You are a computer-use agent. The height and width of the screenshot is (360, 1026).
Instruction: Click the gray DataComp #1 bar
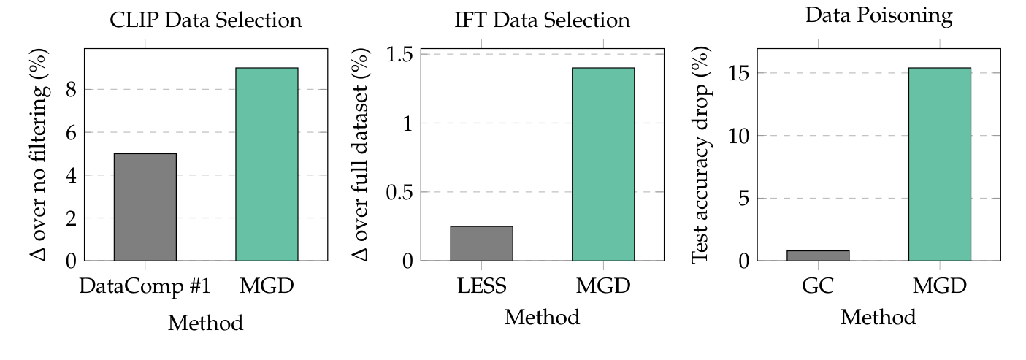pyautogui.click(x=145, y=207)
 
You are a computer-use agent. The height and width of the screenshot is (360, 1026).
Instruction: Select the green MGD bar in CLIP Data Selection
pyautogui.click(x=267, y=164)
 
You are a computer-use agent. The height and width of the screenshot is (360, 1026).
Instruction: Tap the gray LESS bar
pyautogui.click(x=481, y=243)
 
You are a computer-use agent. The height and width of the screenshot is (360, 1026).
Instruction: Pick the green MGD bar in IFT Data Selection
pyautogui.click(x=603, y=164)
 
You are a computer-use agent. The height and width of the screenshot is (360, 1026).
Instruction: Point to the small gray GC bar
pyautogui.click(x=818, y=255)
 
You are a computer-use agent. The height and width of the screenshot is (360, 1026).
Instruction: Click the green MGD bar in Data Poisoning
pyautogui.click(x=939, y=164)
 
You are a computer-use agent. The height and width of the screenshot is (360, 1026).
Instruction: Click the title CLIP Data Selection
pyautogui.click(x=205, y=20)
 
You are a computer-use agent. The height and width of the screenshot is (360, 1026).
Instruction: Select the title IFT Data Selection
pyautogui.click(x=542, y=20)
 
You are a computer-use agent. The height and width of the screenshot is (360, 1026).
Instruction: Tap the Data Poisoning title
pyautogui.click(x=878, y=16)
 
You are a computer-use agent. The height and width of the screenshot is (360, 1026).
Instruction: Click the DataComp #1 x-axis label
pyautogui.click(x=145, y=286)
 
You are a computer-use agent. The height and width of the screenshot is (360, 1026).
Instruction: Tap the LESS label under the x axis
pyautogui.click(x=481, y=286)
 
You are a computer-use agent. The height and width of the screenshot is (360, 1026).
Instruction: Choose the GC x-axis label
pyautogui.click(x=818, y=286)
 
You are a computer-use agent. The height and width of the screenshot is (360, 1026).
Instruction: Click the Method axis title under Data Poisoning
pyautogui.click(x=878, y=318)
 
